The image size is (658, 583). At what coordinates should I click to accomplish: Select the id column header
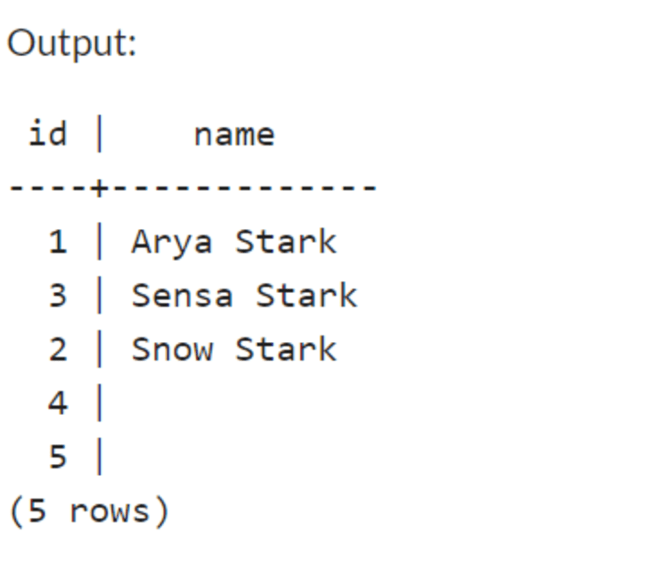(x=47, y=133)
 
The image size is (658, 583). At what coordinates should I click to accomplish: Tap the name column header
(x=234, y=134)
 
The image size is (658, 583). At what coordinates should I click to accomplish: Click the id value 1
(x=58, y=242)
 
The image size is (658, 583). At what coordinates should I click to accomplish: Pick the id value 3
(x=58, y=295)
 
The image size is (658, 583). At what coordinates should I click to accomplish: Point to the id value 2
(x=58, y=349)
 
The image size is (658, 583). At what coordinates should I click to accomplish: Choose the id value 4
(x=58, y=404)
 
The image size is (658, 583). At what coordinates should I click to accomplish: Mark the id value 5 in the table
(x=58, y=457)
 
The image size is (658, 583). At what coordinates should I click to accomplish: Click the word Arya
(x=172, y=242)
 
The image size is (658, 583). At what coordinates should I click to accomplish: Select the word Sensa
(x=182, y=295)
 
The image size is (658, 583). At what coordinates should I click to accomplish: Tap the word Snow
(x=172, y=349)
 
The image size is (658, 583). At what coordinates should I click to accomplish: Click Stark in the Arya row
(x=286, y=242)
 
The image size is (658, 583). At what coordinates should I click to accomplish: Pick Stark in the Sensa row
(x=307, y=295)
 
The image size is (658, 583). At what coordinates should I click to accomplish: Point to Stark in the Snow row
(x=286, y=349)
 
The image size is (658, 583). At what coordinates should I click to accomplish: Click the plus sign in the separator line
(x=99, y=187)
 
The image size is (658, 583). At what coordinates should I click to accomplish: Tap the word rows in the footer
(x=110, y=511)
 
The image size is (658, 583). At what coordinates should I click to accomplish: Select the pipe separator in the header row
(x=99, y=134)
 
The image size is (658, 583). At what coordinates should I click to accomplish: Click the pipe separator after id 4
(x=99, y=404)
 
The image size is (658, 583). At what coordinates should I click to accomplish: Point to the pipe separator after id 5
(x=99, y=457)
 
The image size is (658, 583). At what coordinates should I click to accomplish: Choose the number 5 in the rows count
(x=37, y=511)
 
